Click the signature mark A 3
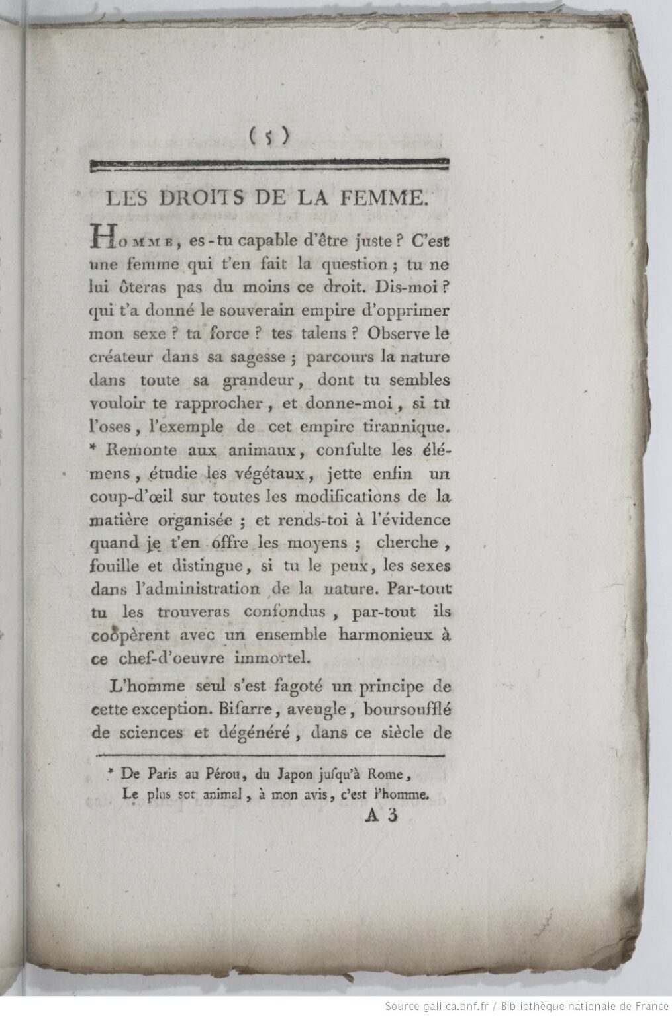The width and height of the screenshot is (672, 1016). coord(380,817)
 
